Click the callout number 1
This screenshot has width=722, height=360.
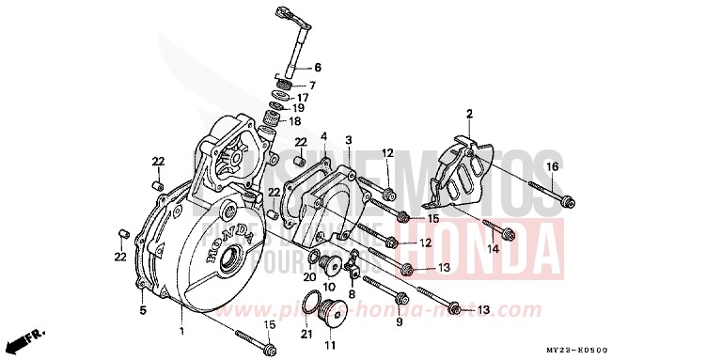(x=181, y=332)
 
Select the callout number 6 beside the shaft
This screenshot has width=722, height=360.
(x=317, y=68)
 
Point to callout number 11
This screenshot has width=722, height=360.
(x=330, y=346)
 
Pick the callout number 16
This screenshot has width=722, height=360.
(x=551, y=166)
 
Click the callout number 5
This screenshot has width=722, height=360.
(x=143, y=309)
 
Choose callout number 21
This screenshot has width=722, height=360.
(x=305, y=335)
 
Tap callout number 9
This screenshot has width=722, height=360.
(x=399, y=322)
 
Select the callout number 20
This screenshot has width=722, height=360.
(x=309, y=277)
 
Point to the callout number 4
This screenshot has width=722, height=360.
(x=323, y=137)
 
